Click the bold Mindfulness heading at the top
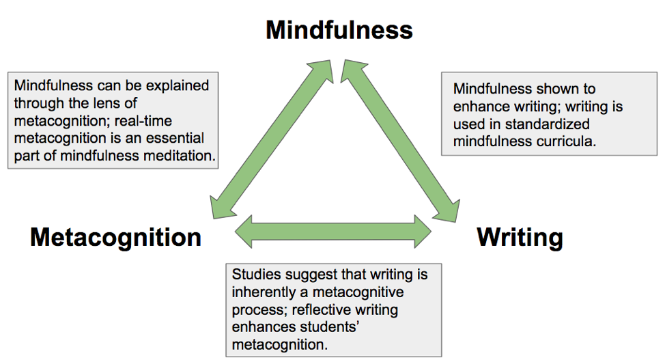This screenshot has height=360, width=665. [339, 30]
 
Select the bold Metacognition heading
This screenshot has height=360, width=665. [116, 237]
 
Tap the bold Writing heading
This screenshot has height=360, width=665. [520, 237]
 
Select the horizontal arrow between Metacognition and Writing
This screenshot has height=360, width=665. [333, 231]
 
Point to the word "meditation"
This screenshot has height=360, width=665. [183, 156]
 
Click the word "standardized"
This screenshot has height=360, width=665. [553, 124]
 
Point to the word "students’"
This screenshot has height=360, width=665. [343, 327]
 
